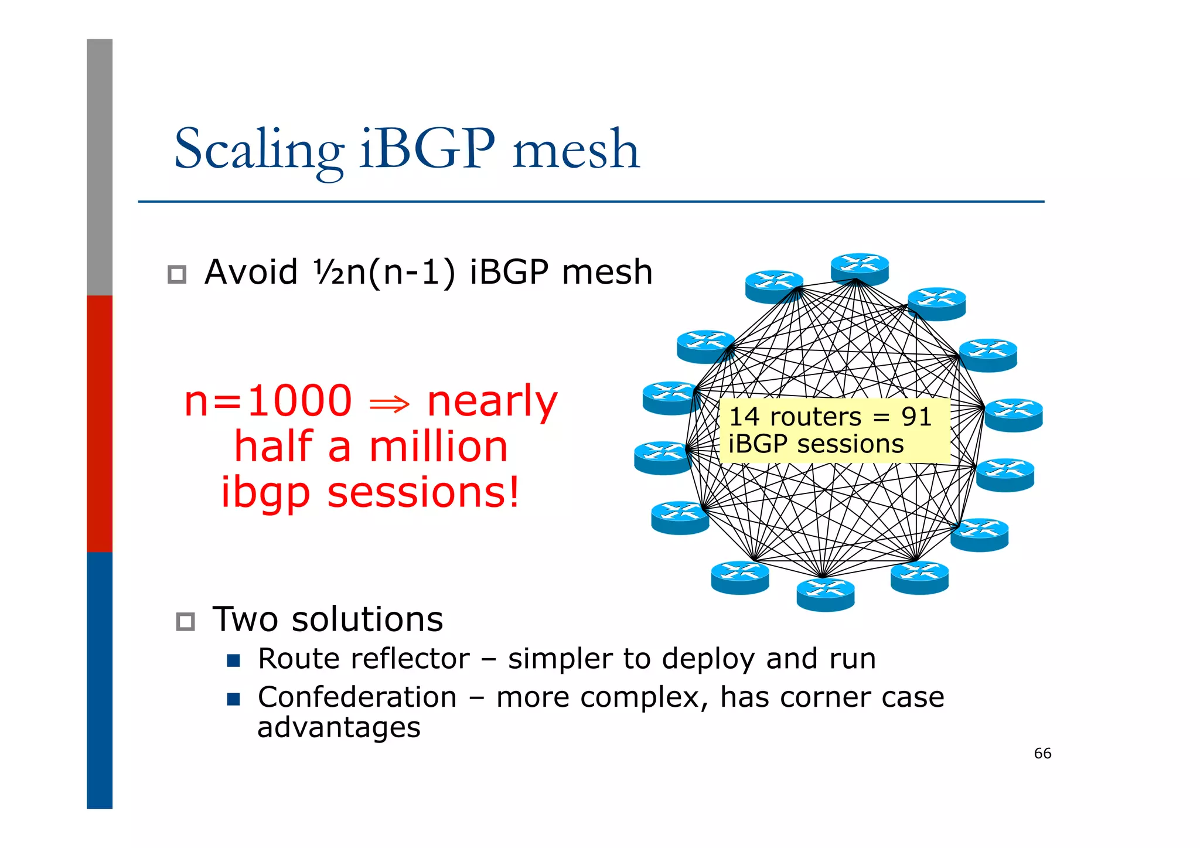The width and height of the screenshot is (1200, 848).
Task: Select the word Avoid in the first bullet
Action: (251, 273)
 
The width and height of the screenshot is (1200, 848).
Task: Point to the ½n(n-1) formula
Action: (384, 273)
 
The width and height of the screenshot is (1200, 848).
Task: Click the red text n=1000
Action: (268, 401)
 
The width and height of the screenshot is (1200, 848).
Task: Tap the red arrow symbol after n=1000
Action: (389, 404)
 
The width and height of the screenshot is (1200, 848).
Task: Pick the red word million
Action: (438, 447)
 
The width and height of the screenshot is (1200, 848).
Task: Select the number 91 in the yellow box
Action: (916, 417)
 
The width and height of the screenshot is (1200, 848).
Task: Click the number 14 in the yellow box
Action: (744, 417)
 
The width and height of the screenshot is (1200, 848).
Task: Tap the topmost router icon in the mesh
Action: (860, 269)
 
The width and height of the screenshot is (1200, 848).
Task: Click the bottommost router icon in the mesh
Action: (825, 594)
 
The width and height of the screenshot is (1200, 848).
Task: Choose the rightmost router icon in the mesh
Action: (1014, 415)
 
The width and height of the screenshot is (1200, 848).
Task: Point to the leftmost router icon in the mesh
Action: (663, 457)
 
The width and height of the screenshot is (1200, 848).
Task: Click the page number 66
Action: (1042, 754)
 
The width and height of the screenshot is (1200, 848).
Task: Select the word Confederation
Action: (357, 697)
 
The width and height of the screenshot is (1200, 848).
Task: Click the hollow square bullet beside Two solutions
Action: (185, 621)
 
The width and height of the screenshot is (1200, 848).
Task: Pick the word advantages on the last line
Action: (339, 728)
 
